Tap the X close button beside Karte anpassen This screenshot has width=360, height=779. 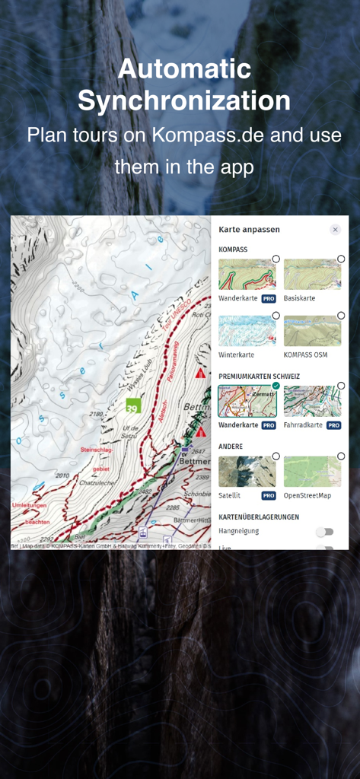(x=335, y=230)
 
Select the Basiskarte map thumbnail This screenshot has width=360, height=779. (x=312, y=275)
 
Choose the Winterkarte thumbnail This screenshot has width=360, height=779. (x=247, y=332)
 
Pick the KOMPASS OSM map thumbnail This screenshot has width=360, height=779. (x=312, y=332)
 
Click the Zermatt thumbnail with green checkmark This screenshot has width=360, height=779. (x=247, y=401)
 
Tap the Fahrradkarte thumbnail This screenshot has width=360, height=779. (x=312, y=401)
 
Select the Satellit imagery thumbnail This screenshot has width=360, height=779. (x=247, y=472)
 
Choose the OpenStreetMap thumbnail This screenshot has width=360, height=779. (x=312, y=472)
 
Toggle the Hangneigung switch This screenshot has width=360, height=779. (x=325, y=532)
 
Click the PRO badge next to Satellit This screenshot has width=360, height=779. (x=268, y=495)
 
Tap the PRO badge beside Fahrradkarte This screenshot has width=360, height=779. (x=333, y=425)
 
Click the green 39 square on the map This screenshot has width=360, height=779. (x=133, y=405)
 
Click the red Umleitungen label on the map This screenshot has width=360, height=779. (x=30, y=505)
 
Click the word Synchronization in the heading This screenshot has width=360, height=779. (x=184, y=100)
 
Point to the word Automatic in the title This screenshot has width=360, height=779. (x=184, y=69)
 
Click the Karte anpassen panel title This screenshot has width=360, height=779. (x=249, y=229)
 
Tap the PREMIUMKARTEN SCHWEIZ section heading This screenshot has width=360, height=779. (x=259, y=376)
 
